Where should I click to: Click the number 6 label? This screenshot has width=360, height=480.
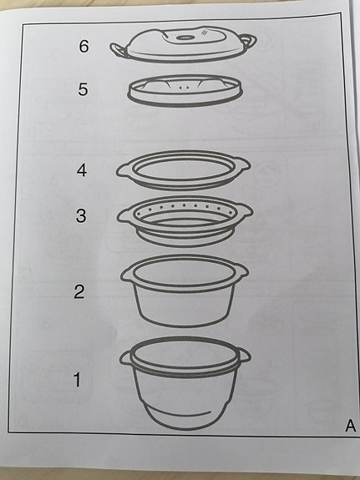click(84, 47)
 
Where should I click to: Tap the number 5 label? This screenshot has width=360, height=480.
click(83, 90)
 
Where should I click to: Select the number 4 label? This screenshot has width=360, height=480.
click(81, 170)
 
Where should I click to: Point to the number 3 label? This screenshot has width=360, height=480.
click(81, 215)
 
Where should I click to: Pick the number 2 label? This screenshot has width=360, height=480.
click(79, 291)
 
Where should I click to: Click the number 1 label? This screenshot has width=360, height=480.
click(77, 381)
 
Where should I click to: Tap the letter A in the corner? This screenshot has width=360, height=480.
click(351, 427)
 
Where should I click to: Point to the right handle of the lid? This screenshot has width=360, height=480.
click(248, 40)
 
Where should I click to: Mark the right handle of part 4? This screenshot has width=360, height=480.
click(241, 162)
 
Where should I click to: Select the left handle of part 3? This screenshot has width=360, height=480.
click(124, 216)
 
